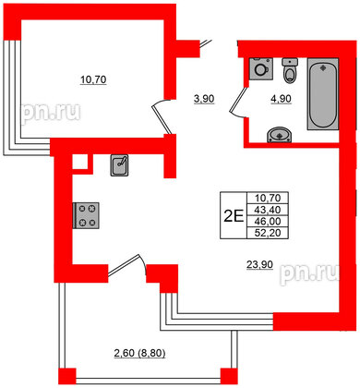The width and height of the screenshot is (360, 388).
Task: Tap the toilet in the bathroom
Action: pos(289,72)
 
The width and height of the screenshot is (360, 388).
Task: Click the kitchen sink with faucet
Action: pos(119,165)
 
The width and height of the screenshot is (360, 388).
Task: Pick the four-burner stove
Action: pos(87,216)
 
